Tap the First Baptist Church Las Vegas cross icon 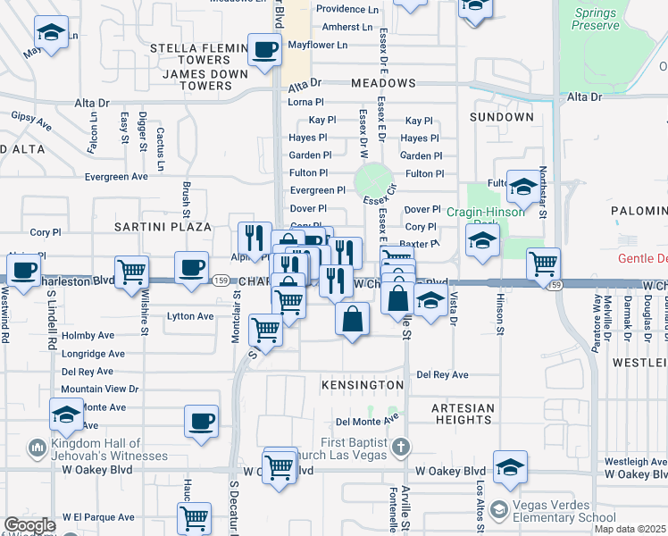401,445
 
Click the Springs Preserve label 597,19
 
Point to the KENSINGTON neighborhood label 363,384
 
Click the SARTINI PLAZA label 163,227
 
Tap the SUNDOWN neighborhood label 504,117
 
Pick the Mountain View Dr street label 99,389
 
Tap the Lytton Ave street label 190,316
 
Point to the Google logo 29,525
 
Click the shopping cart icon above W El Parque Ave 195,516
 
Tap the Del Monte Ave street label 366,421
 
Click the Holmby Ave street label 88,336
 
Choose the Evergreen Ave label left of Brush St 116,177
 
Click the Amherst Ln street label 347,27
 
